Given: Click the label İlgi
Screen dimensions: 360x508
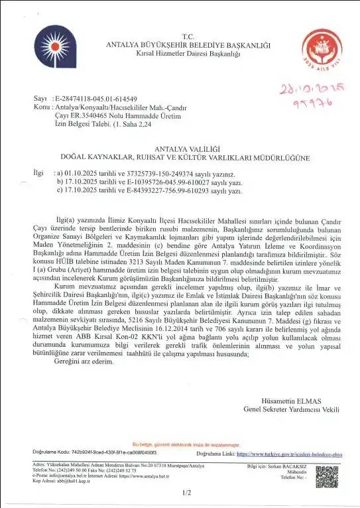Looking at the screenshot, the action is coord(38,172).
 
